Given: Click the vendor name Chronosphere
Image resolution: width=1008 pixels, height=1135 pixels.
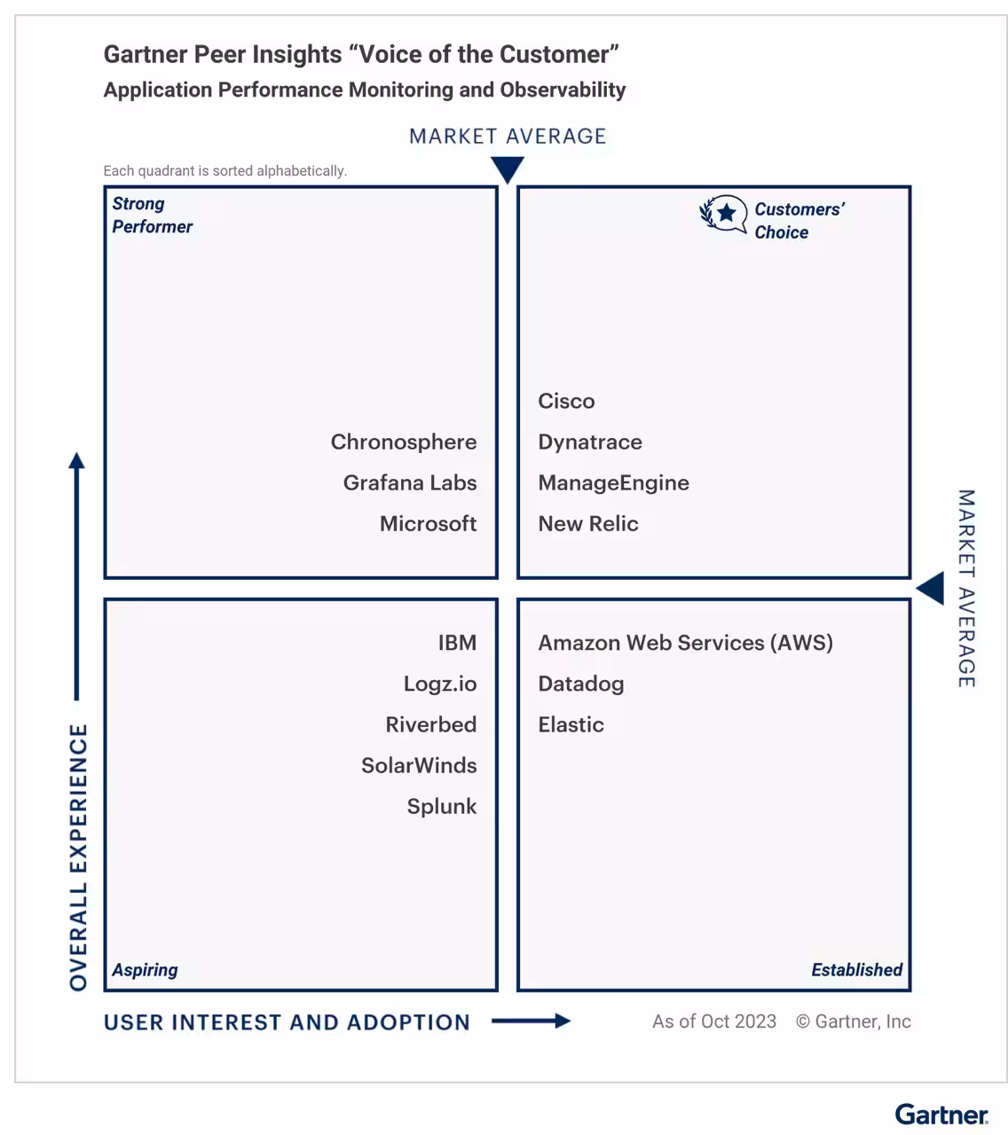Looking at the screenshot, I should coord(404,442).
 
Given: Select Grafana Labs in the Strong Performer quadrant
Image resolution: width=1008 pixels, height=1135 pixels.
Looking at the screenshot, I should coord(410,482).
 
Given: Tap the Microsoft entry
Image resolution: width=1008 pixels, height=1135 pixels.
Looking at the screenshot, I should coord(428,523).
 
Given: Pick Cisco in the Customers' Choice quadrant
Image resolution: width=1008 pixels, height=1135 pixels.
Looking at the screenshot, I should coord(566,401).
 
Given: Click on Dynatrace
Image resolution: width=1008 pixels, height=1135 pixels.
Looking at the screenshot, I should coord(590,442).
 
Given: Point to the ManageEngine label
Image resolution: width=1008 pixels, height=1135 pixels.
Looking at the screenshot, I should coord(613,482).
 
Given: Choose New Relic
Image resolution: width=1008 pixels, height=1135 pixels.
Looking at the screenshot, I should coord(588,523).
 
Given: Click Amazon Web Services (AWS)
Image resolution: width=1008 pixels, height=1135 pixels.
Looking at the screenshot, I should coord(685,643).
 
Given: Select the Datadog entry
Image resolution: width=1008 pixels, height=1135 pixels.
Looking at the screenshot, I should coord(581,684).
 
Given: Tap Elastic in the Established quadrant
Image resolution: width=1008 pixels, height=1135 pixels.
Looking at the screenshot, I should coord(571,724).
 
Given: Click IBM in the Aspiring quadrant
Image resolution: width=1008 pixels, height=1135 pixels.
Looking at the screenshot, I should coord(457,643).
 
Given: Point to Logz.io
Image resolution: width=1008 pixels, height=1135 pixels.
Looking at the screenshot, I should coord(440,684).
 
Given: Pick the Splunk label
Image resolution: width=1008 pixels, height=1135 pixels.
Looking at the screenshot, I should coord(442,806).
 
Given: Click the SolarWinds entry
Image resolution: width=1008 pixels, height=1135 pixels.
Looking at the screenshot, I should coord(419,765).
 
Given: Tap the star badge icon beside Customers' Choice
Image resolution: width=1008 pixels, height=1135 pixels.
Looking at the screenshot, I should coord(724,214).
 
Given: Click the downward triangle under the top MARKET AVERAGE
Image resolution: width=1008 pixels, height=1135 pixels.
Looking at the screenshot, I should coord(508,168).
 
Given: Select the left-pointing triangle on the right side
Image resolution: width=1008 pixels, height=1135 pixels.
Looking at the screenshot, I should coord(932,588).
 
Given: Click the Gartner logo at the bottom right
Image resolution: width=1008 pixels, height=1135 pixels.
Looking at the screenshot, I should coord(941,1114).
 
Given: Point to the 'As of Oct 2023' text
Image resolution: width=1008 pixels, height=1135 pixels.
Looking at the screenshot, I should coord(714,1021).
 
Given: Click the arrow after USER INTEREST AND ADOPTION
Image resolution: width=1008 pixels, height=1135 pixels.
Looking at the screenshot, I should coord(532,1021).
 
